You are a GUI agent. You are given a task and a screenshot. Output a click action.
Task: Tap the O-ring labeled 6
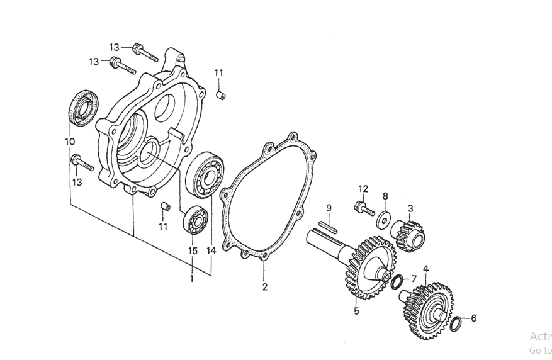coord(458,323)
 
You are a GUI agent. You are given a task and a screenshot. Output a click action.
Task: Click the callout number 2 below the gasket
coord(265,288)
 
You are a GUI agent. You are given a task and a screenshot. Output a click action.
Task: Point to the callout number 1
coord(192,278)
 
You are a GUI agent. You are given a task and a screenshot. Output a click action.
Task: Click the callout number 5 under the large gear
coord(356,311)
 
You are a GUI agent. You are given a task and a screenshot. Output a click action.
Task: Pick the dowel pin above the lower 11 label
coord(166,206)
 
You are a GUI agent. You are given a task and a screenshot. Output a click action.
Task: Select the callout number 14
coord(211,250)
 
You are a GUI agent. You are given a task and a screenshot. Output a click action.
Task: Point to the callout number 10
coord(69,142)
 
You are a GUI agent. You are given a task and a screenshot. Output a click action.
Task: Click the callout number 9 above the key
coord(328,208)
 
